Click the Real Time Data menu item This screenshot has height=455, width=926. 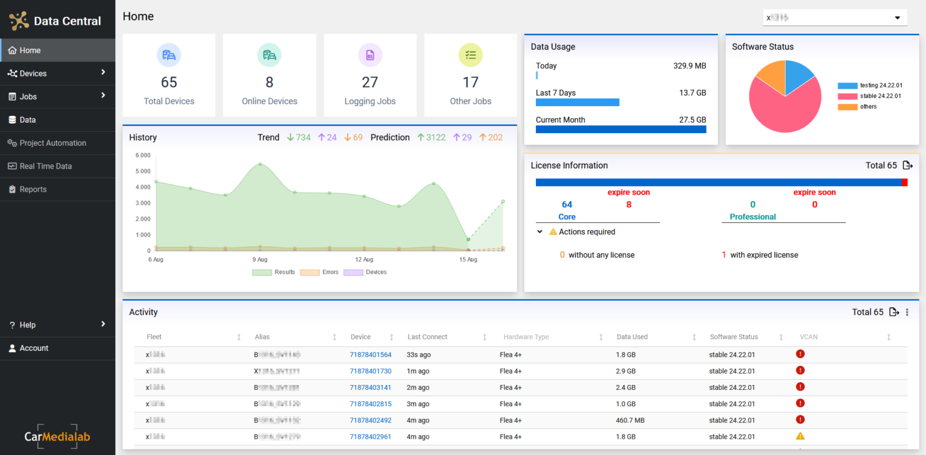46,166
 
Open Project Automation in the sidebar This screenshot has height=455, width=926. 52,143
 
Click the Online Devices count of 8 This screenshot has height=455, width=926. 269,83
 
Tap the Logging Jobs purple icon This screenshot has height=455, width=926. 370,55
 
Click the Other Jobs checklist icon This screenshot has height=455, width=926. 470,55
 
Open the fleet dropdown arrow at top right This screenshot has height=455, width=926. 897,18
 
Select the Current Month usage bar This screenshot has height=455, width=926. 620,129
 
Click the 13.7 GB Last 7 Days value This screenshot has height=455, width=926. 692,93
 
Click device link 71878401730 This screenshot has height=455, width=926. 370,371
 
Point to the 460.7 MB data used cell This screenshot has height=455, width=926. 630,421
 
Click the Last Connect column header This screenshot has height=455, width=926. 427,337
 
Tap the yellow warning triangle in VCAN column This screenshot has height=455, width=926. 800,436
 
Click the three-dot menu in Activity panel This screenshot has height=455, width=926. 907,312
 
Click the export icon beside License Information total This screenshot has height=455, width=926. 907,165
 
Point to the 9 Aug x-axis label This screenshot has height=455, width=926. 260,260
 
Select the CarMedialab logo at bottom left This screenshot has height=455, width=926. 57,436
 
